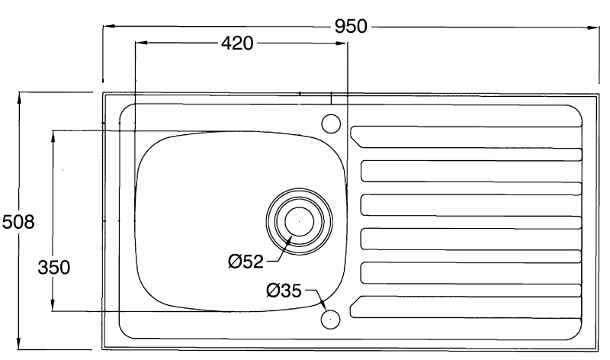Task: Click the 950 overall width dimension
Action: [351, 27]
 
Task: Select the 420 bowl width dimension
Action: [237, 43]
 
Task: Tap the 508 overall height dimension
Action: [18, 222]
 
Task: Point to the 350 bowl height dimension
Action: [53, 268]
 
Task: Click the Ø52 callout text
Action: [246, 262]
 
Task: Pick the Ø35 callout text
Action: [284, 291]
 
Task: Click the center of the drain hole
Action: [299, 221]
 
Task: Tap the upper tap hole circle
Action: [331, 124]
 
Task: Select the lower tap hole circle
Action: [330, 319]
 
